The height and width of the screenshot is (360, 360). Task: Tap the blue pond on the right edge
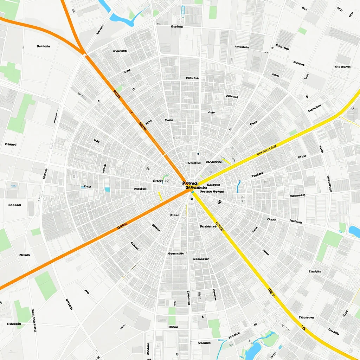click(x=354, y=231)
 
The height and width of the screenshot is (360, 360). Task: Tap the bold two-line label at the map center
click(x=191, y=185)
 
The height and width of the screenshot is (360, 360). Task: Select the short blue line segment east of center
click(x=239, y=186)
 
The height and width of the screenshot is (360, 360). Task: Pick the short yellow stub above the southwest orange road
click(x=160, y=196)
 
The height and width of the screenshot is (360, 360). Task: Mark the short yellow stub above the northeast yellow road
click(x=226, y=161)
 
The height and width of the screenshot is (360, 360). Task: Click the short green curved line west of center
click(x=166, y=178)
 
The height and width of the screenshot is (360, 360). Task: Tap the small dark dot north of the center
click(x=198, y=154)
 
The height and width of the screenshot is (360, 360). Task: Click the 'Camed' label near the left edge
click(x=11, y=144)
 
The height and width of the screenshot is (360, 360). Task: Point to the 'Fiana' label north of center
click(x=169, y=120)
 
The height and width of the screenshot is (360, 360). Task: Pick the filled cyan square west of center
click(x=107, y=189)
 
